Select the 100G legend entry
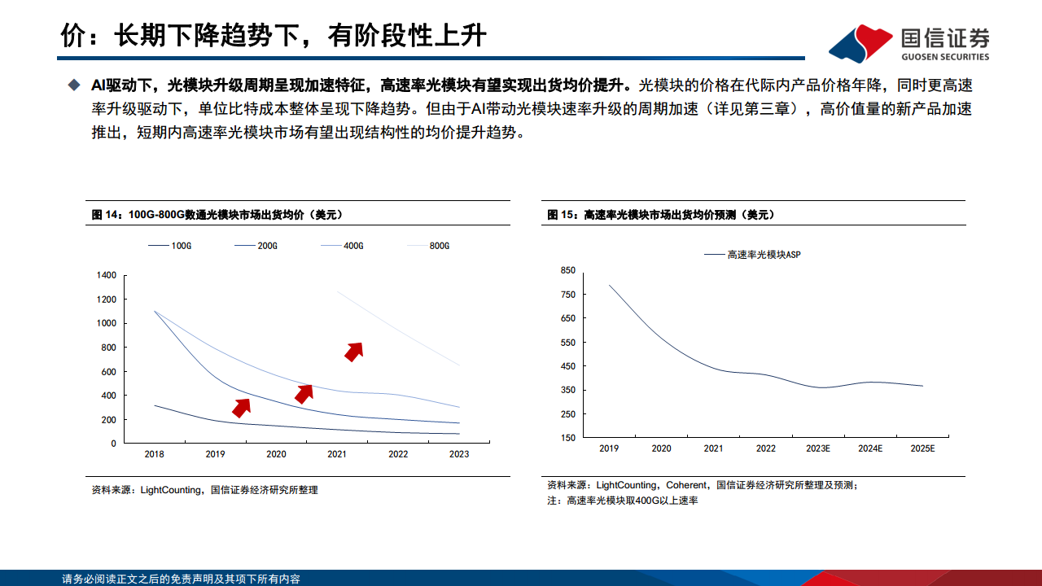pos(169,245)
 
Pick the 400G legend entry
pos(341,245)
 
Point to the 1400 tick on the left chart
pos(106,275)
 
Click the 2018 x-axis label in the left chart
pos(155,455)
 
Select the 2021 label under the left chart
pos(337,455)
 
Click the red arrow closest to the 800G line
pos(353,351)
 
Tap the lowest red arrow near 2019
pos(241,408)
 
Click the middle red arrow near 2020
pos(304,394)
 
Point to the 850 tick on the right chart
pos(567,270)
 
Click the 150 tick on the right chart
pos(567,438)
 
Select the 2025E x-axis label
pos(922,448)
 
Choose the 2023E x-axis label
pos(818,448)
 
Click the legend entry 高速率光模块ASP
pos(752,255)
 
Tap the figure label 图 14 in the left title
pos(106,215)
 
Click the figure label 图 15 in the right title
pos(562,215)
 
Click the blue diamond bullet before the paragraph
pos(74,85)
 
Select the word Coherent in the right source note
pos(687,485)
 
